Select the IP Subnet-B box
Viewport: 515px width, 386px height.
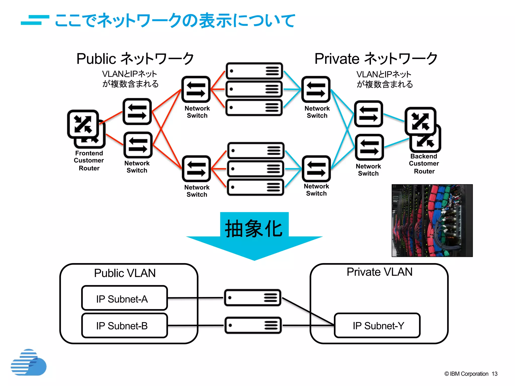coord(124,325)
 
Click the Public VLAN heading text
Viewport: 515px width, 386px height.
coord(125,273)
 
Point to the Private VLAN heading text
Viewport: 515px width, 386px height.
coord(379,272)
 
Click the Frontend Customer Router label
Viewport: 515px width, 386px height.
coord(89,161)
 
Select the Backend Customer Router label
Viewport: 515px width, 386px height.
coord(424,164)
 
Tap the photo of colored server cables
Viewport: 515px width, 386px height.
coord(432,220)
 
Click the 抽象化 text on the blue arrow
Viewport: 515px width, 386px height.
coord(254,228)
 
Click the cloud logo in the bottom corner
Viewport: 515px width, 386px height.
coord(29,362)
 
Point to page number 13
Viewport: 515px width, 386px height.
coord(494,374)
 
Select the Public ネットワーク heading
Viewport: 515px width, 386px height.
coord(135,59)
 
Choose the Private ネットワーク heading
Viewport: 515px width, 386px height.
coord(376,59)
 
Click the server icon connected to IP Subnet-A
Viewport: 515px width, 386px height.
coord(252,298)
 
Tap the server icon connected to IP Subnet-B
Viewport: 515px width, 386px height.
coord(253,325)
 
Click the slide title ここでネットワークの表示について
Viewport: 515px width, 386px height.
coord(175,20)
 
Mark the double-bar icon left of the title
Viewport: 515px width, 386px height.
coord(35,20)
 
